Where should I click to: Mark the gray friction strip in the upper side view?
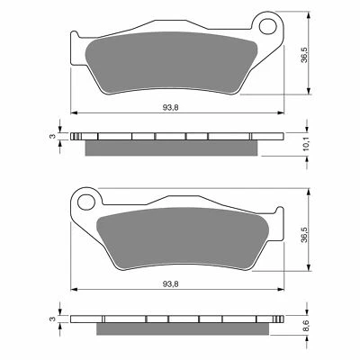click(x=171, y=147)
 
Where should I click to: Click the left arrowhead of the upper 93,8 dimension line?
click(x=75, y=113)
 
